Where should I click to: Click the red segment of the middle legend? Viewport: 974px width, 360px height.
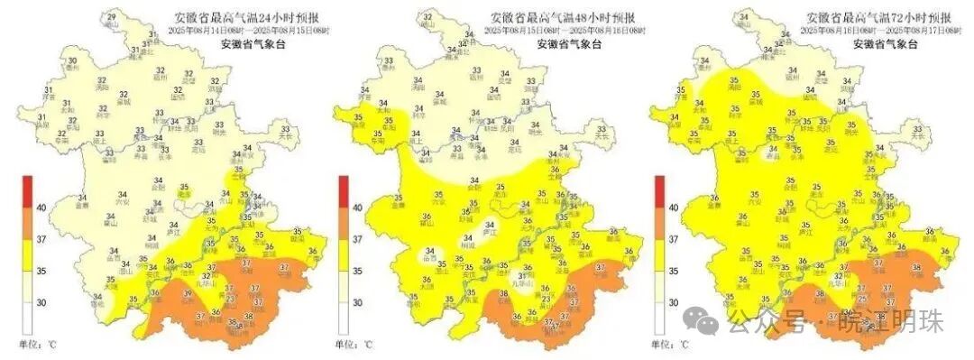tap(344, 190)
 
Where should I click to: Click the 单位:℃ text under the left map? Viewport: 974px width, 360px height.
tap(38, 344)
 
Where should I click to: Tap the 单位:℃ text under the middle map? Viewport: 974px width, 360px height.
tap(354, 344)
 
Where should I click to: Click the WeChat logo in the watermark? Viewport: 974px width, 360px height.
tap(700, 318)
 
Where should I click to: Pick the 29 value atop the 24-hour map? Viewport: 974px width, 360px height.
tap(111, 17)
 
